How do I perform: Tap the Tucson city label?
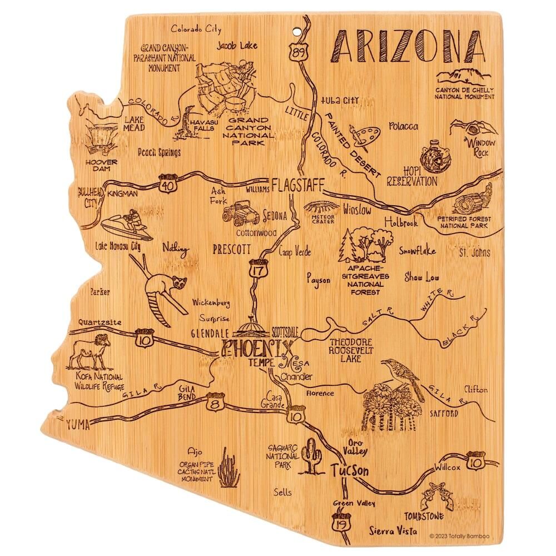(x=349, y=470)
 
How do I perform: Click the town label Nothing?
(x=175, y=249)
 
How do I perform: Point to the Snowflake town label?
(x=416, y=251)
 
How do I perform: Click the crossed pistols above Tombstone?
(x=431, y=497)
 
